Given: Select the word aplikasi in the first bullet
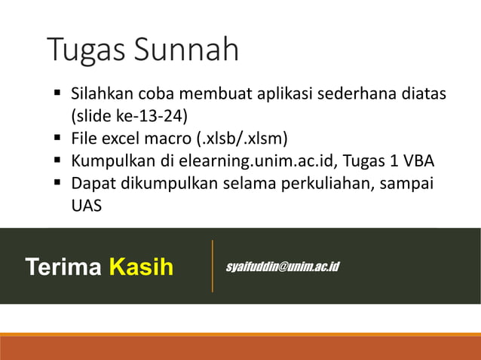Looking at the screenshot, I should click(x=279, y=95).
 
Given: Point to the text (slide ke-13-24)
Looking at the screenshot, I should click(x=129, y=117).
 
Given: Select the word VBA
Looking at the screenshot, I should click(x=418, y=161).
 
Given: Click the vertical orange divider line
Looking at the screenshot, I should click(x=213, y=266).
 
